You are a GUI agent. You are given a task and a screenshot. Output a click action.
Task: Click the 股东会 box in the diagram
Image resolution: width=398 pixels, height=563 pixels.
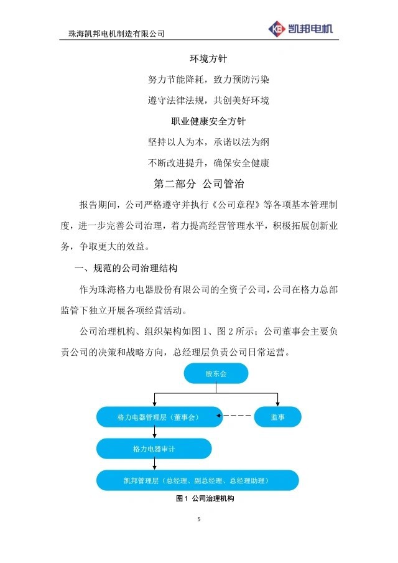point(216,373)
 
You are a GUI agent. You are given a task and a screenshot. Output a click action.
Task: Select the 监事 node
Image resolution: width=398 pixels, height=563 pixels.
point(277,417)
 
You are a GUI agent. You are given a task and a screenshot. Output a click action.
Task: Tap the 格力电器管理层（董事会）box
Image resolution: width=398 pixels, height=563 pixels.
point(159,417)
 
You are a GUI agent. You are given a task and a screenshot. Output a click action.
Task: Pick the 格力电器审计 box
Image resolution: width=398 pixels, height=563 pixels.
point(154,449)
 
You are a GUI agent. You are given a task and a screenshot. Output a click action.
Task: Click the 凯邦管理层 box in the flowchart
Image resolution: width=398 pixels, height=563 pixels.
point(197,480)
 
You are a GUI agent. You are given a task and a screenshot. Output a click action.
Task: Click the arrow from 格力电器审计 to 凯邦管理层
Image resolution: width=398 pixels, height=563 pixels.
point(154,464)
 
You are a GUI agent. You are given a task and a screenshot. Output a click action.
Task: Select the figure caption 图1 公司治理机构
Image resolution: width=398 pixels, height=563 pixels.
point(205,498)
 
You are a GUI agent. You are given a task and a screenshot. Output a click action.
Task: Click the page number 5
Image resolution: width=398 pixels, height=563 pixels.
point(199,519)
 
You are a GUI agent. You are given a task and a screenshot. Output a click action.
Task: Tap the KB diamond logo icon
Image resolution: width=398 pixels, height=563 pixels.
point(277,29)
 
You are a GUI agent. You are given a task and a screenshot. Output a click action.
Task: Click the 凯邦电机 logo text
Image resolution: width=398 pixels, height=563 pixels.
point(310,29)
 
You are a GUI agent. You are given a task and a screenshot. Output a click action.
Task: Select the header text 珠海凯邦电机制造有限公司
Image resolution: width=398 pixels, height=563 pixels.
point(117,34)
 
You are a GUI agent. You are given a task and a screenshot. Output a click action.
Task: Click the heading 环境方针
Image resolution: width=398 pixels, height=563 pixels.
point(208,58)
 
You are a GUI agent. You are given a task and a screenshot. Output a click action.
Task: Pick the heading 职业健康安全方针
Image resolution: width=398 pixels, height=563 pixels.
point(208,121)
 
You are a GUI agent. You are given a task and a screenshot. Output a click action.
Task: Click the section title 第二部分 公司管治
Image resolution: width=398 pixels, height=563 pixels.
point(199,184)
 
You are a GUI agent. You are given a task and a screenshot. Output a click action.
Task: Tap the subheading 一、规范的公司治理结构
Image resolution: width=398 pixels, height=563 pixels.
point(126,268)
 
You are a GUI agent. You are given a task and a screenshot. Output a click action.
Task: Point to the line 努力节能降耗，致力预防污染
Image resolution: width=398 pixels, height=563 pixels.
point(208,80)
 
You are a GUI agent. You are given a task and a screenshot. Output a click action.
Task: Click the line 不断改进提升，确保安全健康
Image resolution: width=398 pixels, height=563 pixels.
point(208,163)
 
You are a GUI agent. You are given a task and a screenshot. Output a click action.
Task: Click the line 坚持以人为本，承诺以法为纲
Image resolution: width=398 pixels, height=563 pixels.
point(208,142)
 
